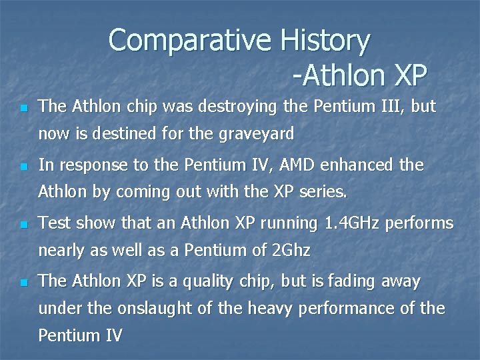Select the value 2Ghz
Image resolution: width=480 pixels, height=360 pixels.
(292, 251)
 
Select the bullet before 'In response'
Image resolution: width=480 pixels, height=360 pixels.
(24, 166)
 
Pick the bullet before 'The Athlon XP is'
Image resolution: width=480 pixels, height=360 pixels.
(24, 283)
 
